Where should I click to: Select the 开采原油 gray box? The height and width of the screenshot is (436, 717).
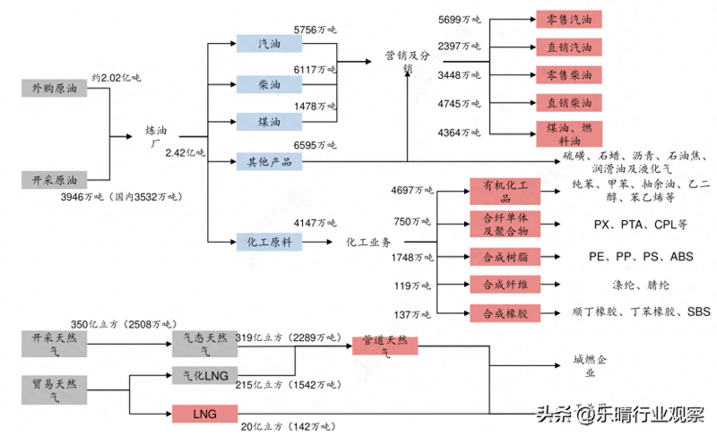[x=55, y=180]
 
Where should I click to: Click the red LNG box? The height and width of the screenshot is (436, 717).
[x=204, y=413]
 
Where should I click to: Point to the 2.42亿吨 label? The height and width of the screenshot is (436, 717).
[x=186, y=152]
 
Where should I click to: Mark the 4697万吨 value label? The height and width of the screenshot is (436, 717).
[x=412, y=190]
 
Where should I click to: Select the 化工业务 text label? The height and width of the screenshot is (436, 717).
[x=370, y=242]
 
